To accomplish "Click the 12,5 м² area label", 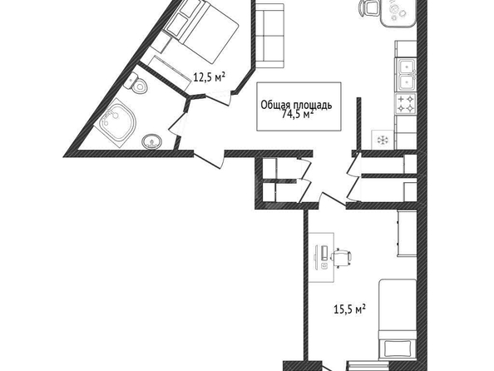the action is tap(209, 77).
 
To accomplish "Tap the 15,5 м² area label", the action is tap(349, 309).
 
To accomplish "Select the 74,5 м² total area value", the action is tap(297, 114).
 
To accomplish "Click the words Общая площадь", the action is tap(296, 105).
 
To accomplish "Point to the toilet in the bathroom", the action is tap(137, 83).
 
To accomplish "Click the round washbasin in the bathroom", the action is tap(152, 141).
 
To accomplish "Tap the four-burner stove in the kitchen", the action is tap(406, 104).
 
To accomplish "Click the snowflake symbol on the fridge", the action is tap(383, 140).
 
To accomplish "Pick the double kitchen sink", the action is tap(407, 75).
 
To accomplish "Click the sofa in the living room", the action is tap(269, 36).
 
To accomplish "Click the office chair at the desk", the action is tap(341, 258).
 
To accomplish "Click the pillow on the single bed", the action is tap(398, 349).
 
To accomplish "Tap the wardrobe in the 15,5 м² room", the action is tap(407, 233).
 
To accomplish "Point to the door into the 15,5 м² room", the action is tap(333, 199).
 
